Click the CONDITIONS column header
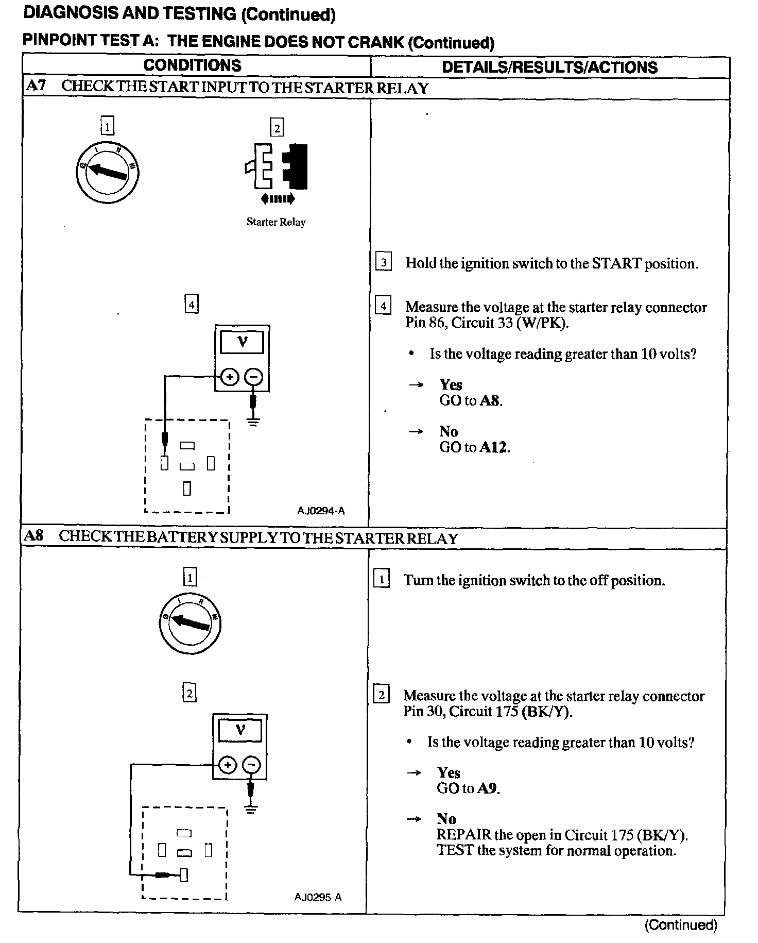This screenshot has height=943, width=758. pyautogui.click(x=192, y=65)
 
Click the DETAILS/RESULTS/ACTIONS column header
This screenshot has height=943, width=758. pyautogui.click(x=549, y=68)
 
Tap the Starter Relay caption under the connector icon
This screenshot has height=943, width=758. pyautogui.click(x=276, y=222)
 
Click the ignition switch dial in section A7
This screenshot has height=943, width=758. pyautogui.click(x=107, y=171)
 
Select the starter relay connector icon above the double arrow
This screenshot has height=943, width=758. pyautogui.click(x=277, y=166)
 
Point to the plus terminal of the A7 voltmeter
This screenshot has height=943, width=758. pyautogui.click(x=230, y=377)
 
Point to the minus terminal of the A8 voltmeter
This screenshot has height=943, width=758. pyautogui.click(x=251, y=765)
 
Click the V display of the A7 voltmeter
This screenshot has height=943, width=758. pyautogui.click(x=242, y=342)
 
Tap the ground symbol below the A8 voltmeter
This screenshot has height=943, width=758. pyautogui.click(x=251, y=810)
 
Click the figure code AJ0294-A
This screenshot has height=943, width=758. pyautogui.click(x=321, y=511)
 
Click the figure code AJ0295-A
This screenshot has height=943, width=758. pyautogui.click(x=318, y=897)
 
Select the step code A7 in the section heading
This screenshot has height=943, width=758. pyautogui.click(x=35, y=86)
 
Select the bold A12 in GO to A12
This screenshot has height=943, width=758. pyautogui.click(x=494, y=447)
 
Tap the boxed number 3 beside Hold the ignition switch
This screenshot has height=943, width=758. pyautogui.click(x=384, y=262)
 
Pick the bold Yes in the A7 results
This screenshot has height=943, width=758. pyautogui.click(x=451, y=385)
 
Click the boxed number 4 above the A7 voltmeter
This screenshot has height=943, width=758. pyautogui.click(x=192, y=304)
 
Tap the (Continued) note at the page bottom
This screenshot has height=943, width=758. pyautogui.click(x=681, y=925)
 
